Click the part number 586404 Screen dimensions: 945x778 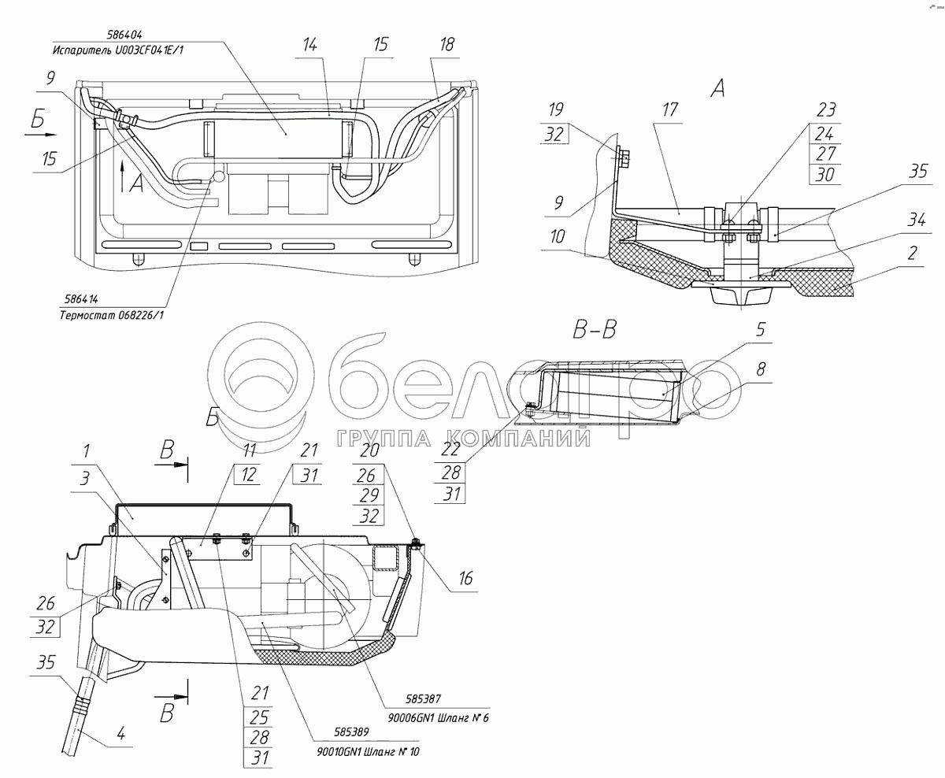(124, 35)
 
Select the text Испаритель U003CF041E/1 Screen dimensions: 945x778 (118, 50)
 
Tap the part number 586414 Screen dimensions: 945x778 (82, 299)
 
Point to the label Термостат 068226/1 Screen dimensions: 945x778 (112, 315)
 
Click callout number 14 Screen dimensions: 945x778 (309, 44)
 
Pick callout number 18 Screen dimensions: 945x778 (447, 44)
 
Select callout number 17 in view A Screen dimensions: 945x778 (670, 109)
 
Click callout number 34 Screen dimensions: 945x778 (917, 220)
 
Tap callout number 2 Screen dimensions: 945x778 (912, 254)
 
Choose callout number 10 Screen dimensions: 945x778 (557, 236)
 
